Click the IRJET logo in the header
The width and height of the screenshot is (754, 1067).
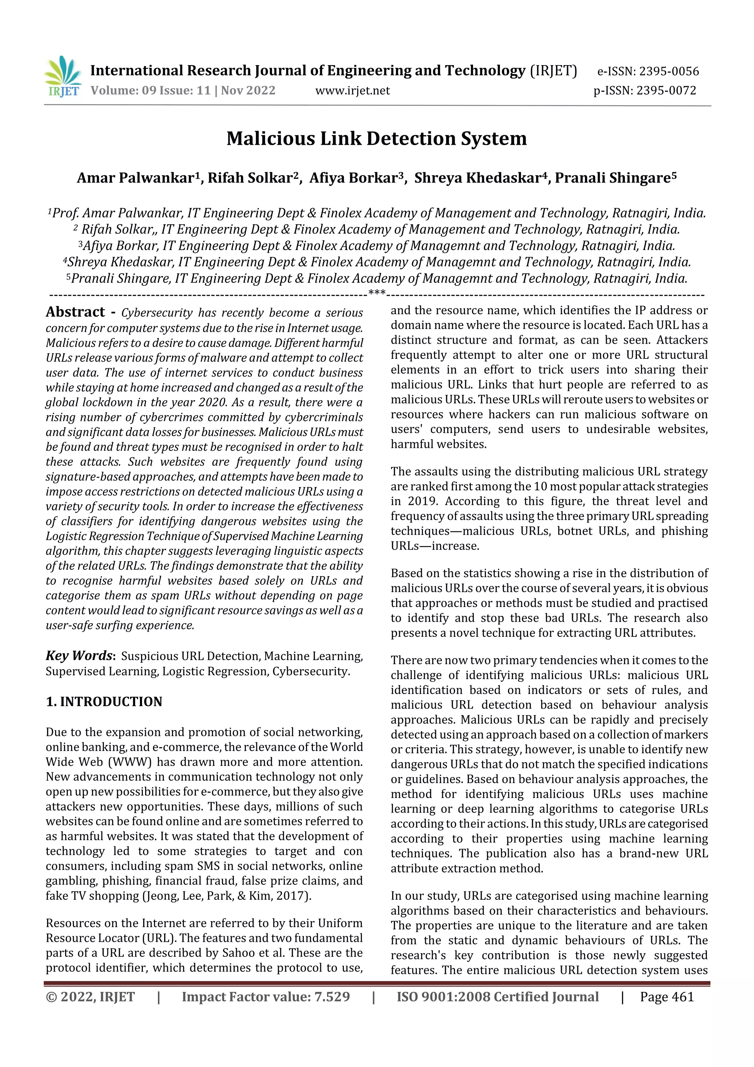63,76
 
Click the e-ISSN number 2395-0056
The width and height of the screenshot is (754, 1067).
669,71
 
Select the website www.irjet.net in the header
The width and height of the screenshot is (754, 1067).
353,91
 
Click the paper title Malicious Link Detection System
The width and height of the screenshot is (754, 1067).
376,138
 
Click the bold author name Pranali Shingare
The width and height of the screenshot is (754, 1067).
613,178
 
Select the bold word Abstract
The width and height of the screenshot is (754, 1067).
75,312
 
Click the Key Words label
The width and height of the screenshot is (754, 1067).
80,656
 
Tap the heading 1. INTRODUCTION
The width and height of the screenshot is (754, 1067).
104,702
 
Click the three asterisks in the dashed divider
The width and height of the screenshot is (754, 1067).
377,293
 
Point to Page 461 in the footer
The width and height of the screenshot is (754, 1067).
667,997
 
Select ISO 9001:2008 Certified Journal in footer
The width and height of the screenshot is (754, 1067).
497,997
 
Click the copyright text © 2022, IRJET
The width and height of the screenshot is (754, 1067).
90,997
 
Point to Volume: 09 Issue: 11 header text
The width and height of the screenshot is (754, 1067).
151,91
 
